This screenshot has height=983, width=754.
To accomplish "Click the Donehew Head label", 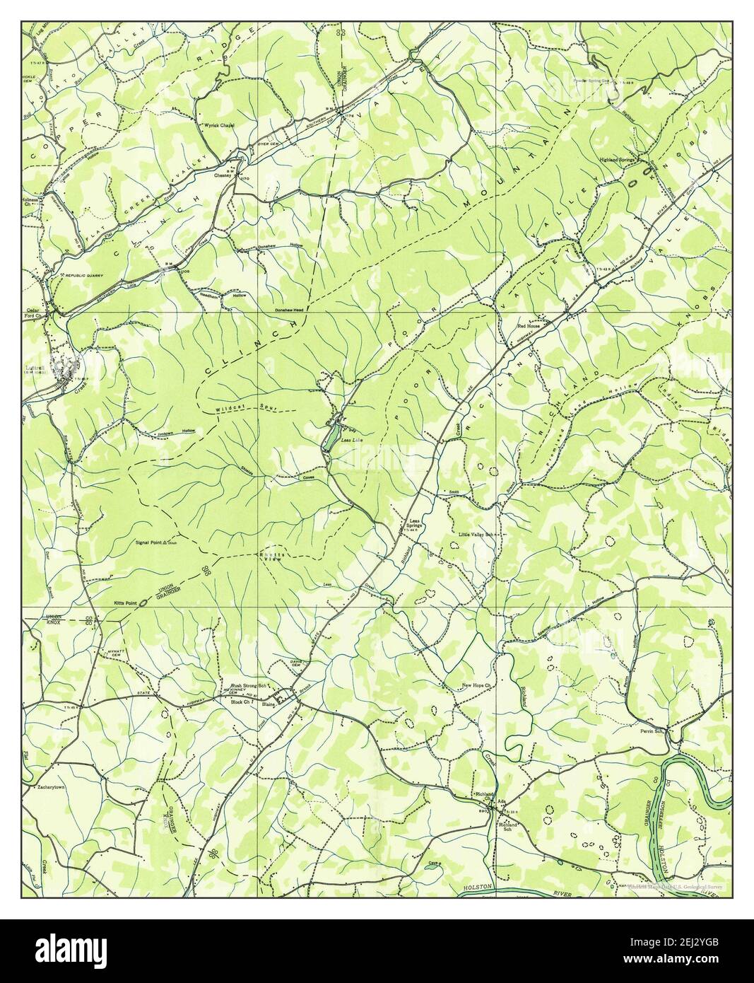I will (x=290, y=311).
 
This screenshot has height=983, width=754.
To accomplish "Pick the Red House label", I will (x=528, y=326).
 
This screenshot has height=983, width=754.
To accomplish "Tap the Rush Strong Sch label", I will (x=248, y=685).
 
